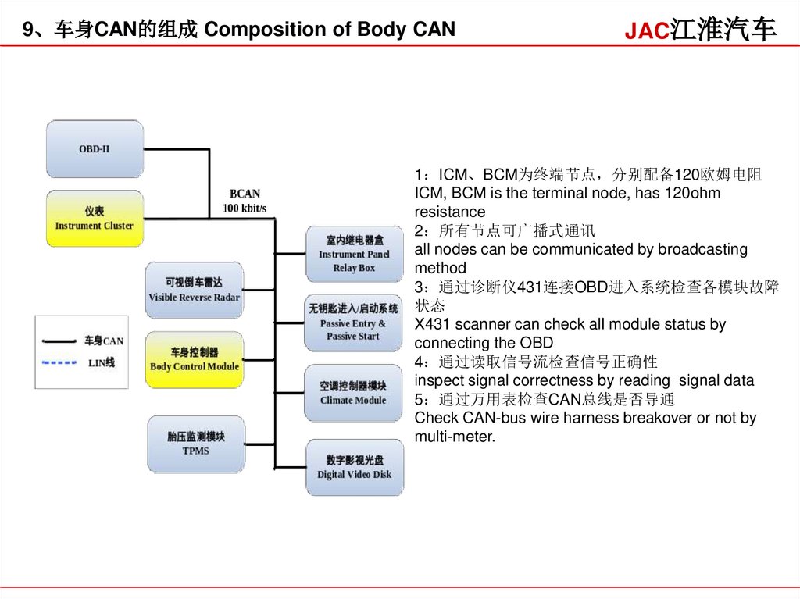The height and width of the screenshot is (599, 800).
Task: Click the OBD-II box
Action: point(94,148)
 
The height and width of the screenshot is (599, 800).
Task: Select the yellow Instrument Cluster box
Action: point(94,219)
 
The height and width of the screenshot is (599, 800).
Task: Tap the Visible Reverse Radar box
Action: point(194,290)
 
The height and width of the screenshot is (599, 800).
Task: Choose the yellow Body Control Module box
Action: point(194,359)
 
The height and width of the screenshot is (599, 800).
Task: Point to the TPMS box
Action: point(195,444)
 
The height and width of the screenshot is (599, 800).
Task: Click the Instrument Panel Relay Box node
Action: point(354,254)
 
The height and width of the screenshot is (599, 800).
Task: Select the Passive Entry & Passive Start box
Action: point(353,323)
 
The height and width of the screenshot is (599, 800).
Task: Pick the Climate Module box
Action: point(353,393)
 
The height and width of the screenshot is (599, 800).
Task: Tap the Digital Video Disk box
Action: point(354,467)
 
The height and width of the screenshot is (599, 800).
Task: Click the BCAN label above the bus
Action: point(245,194)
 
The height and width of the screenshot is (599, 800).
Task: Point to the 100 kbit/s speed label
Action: point(245,208)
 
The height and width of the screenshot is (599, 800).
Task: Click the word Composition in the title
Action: point(255,30)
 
